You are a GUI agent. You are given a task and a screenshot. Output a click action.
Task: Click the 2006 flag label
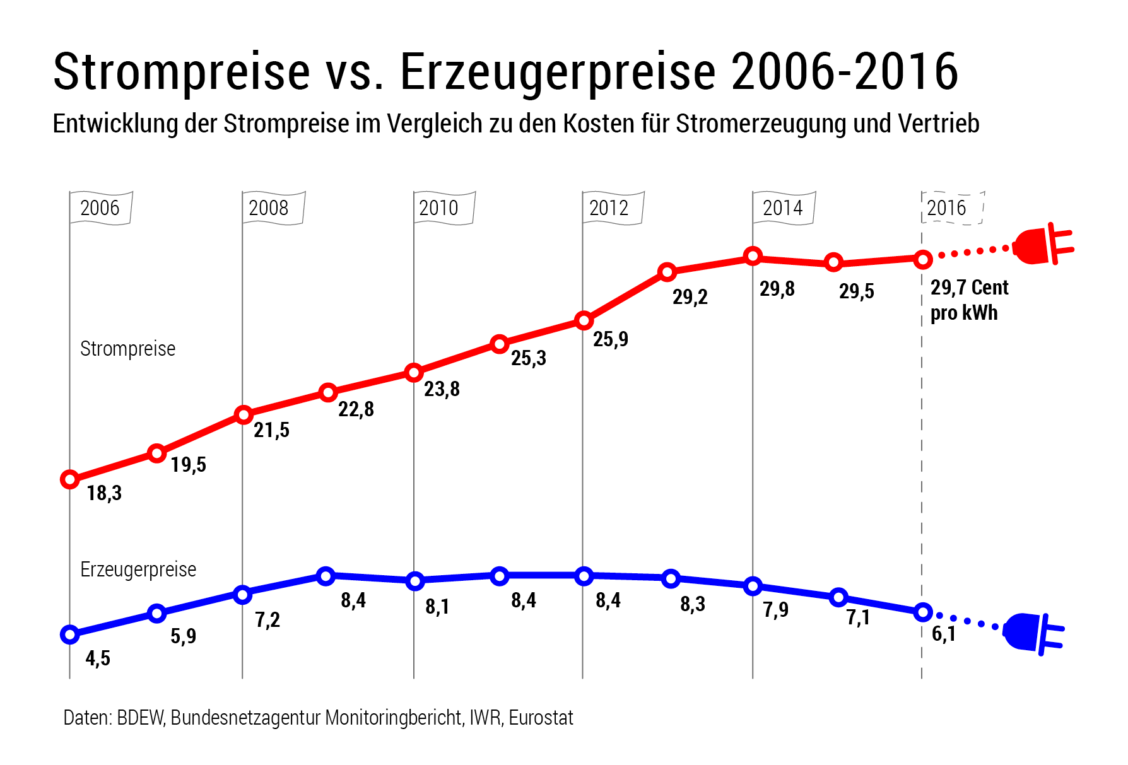100,207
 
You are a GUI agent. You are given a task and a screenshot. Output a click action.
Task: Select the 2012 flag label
609,207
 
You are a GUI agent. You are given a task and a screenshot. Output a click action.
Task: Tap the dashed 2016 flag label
946,207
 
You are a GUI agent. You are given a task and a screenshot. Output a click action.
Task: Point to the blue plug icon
1031,633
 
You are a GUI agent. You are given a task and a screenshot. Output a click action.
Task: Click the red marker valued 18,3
70,479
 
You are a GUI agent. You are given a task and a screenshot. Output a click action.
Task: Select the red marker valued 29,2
667,272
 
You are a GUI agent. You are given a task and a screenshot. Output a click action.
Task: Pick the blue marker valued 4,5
70,634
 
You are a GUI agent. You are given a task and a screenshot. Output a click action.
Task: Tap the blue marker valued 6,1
923,612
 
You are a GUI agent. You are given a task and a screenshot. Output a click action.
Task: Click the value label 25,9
610,339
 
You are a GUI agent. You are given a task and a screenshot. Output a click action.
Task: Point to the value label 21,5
271,430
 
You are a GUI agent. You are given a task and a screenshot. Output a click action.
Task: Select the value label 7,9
775,610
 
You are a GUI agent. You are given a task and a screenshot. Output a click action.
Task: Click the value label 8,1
437,607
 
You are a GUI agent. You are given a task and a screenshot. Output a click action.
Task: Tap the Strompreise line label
127,349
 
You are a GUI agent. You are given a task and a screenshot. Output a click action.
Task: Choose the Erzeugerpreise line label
138,569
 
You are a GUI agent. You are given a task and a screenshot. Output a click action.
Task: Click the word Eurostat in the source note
541,718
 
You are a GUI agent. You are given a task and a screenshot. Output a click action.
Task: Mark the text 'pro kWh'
963,313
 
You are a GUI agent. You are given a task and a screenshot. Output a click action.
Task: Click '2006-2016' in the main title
844,71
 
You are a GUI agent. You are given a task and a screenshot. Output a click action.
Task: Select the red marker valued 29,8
753,257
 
